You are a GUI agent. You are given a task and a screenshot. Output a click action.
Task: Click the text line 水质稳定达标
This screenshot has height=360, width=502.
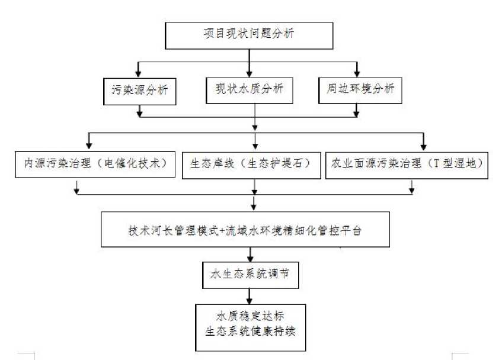(x=250, y=316)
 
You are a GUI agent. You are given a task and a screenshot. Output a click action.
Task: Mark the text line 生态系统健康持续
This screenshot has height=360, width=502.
(x=250, y=331)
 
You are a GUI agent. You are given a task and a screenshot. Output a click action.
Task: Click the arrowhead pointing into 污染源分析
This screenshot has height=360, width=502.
(x=138, y=73)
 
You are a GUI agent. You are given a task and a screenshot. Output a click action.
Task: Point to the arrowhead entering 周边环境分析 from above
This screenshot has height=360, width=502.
(x=357, y=73)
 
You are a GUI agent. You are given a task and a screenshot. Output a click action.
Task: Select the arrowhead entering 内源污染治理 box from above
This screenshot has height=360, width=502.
(x=89, y=145)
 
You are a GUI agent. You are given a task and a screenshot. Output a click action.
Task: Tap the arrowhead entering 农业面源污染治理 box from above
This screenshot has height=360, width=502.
(x=424, y=146)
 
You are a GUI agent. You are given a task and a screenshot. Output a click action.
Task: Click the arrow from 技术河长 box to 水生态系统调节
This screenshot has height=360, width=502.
(x=250, y=255)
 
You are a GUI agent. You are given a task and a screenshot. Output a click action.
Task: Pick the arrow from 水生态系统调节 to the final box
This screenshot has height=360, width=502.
(x=250, y=297)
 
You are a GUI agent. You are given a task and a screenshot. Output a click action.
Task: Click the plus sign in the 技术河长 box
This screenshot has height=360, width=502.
(x=222, y=230)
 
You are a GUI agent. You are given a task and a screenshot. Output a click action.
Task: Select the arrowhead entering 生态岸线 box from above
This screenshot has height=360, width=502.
(x=255, y=146)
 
